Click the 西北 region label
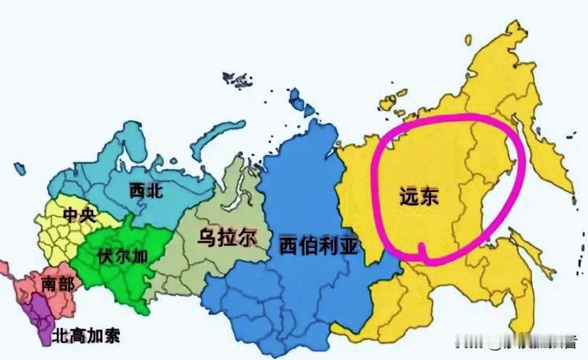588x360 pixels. (x=146, y=190)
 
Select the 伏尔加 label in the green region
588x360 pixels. (x=121, y=255)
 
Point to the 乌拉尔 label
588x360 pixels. (x=229, y=236)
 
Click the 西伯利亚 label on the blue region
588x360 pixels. (x=318, y=247)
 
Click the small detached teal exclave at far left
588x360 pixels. (x=18, y=165)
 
